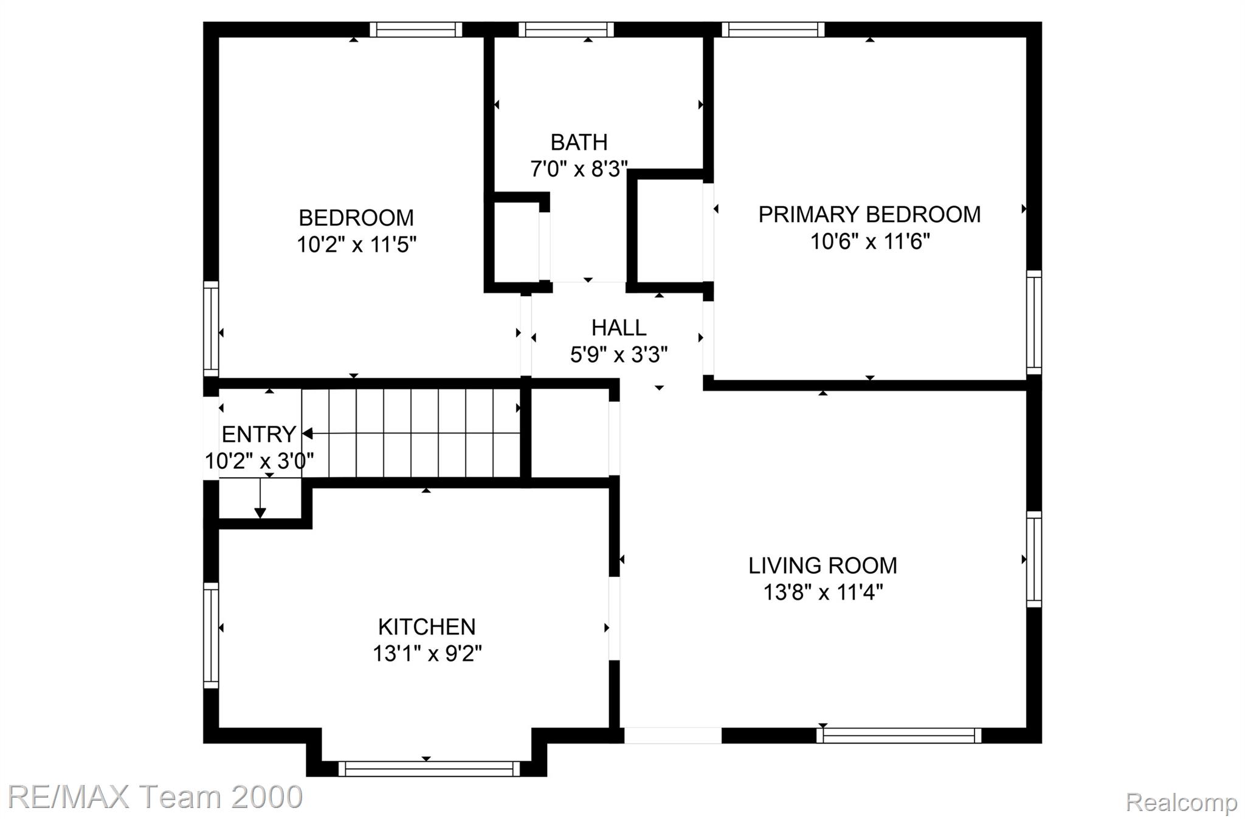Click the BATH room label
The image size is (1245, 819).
tap(579, 142)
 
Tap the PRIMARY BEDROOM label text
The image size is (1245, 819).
tap(869, 215)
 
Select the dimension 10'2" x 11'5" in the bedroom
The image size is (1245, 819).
tap(356, 244)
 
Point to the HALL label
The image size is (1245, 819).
tap(619, 328)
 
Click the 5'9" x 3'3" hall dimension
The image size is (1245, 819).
tap(619, 354)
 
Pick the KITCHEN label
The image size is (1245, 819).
tap(427, 627)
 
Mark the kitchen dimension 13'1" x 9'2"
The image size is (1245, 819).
tap(427, 654)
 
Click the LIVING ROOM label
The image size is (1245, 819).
tap(823, 566)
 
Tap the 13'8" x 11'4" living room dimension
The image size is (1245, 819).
tap(823, 592)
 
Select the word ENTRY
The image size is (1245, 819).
tap(259, 435)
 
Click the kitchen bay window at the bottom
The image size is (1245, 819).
tap(429, 769)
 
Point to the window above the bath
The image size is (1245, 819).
tap(566, 30)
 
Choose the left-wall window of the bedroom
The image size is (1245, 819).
tap(210, 329)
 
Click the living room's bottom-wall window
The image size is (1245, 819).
tap(898, 735)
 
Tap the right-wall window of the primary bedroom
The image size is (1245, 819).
tap(1034, 322)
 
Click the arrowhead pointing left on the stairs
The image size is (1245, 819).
tap(308, 434)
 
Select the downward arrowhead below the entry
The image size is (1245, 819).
tap(260, 513)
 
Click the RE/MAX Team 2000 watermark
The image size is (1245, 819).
tap(156, 797)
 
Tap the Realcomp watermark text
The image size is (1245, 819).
tap(1181, 803)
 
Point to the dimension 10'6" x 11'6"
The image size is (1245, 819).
tap(869, 241)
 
